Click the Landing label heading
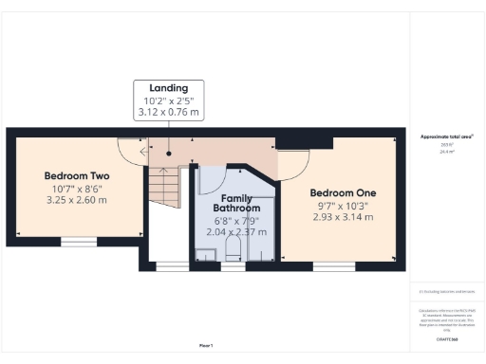168,88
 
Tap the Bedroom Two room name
79,176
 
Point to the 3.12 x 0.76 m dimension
168,114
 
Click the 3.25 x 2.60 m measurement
79,202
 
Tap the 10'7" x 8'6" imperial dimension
79,190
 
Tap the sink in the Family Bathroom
206,253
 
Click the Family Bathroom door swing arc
211,177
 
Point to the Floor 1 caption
205,345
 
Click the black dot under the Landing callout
168,152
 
